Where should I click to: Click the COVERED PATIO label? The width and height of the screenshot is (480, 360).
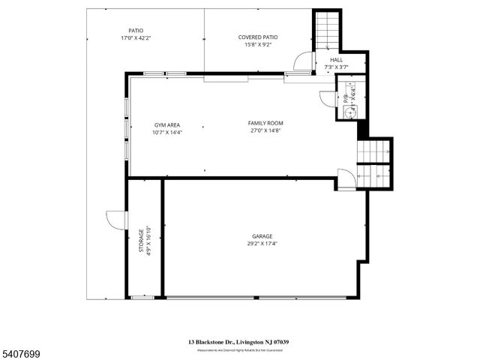257,37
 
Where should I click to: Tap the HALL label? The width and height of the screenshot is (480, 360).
336,60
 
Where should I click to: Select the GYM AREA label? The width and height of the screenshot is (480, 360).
166,124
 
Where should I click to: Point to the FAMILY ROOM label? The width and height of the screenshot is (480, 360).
265,123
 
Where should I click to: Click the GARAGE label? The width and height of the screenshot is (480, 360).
262,236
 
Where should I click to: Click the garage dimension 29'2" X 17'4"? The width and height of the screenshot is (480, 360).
262,244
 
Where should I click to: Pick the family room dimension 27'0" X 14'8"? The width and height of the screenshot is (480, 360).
265,130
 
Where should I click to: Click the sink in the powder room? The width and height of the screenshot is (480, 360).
350,109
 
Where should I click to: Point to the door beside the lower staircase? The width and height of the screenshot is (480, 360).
346,178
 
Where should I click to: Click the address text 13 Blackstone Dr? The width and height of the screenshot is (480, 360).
211,342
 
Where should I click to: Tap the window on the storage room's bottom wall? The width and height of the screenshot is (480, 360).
142,298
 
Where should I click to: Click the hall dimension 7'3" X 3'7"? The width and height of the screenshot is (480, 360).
336,67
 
